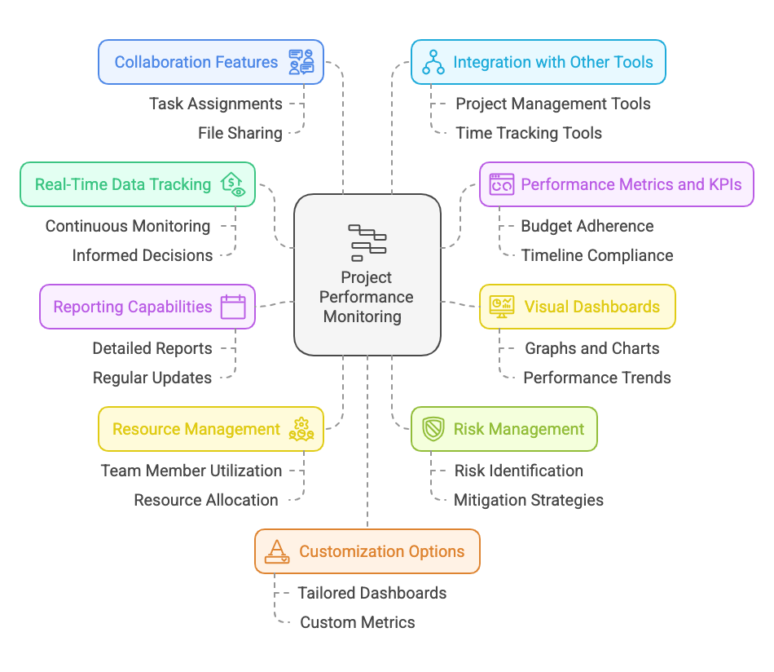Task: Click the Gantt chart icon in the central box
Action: click(367, 242)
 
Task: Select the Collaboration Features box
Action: click(211, 63)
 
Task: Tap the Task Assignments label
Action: click(216, 104)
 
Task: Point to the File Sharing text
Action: click(240, 133)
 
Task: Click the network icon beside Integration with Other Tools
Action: click(433, 63)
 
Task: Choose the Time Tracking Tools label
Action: click(529, 133)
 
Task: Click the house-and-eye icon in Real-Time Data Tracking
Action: click(233, 185)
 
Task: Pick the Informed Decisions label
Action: click(143, 255)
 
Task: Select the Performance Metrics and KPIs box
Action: click(616, 184)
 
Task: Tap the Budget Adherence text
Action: click(587, 226)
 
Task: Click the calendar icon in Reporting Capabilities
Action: click(233, 307)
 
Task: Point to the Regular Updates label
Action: click(152, 378)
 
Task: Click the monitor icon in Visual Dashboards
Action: click(501, 307)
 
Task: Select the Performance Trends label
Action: click(597, 378)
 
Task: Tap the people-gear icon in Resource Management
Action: click(301, 429)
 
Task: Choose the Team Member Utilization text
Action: click(191, 471)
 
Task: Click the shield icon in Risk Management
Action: click(433, 429)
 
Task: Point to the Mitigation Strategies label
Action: click(529, 500)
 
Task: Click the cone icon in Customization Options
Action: click(278, 552)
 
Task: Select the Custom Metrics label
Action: click(358, 622)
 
